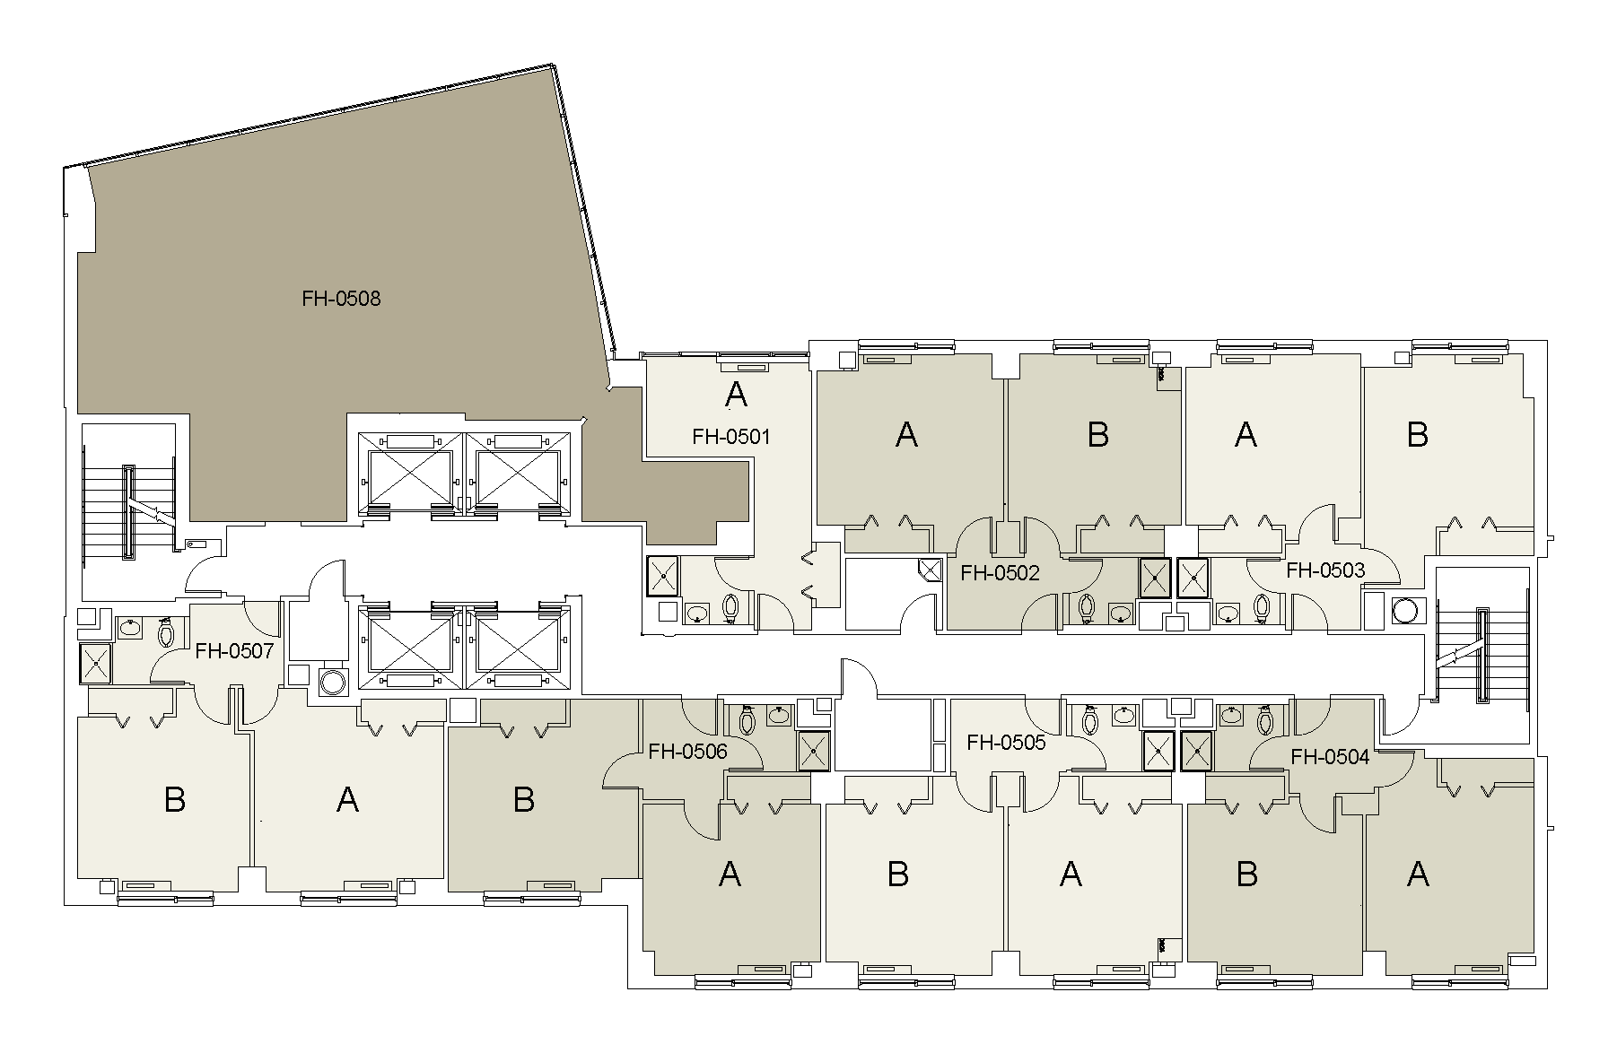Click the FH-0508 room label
tap(341, 299)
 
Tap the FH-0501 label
tap(730, 437)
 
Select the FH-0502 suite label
tap(1000, 573)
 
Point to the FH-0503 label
tap(1324, 570)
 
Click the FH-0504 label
tap(1330, 757)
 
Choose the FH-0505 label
tap(1006, 743)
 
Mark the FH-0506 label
tap(687, 752)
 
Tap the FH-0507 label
tap(234, 650)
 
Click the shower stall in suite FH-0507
tap(96, 663)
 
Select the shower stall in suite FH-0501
tap(663, 576)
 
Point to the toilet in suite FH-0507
tap(165, 633)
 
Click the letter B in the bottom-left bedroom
tap(175, 799)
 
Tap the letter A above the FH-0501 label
tap(735, 393)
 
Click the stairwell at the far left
tap(128, 511)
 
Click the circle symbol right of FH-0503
tap(1404, 611)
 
